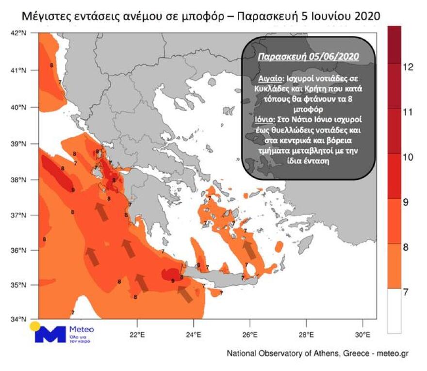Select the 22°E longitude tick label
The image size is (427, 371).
[137, 335]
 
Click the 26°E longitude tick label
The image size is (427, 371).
[249, 335]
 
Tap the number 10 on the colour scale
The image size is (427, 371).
[408, 157]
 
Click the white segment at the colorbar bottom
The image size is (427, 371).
[394, 311]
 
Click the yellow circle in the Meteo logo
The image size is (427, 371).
[34, 326]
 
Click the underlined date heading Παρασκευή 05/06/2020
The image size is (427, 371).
[309, 57]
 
